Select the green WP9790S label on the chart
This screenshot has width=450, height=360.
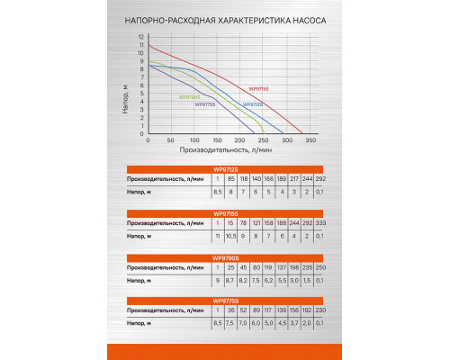pyautogui.click(x=189, y=96)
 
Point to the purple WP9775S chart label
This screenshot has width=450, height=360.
pyautogui.click(x=205, y=104)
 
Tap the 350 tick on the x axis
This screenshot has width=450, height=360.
pyautogui.click(x=311, y=141)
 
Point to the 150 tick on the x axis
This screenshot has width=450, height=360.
pyautogui.click(x=218, y=141)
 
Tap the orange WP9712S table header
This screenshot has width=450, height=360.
pyautogui.click(x=225, y=169)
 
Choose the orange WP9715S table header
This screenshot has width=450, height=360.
pyautogui.click(x=225, y=213)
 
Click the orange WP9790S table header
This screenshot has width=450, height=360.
pyautogui.click(x=225, y=257)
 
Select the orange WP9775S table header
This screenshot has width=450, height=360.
pyautogui.click(x=225, y=301)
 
